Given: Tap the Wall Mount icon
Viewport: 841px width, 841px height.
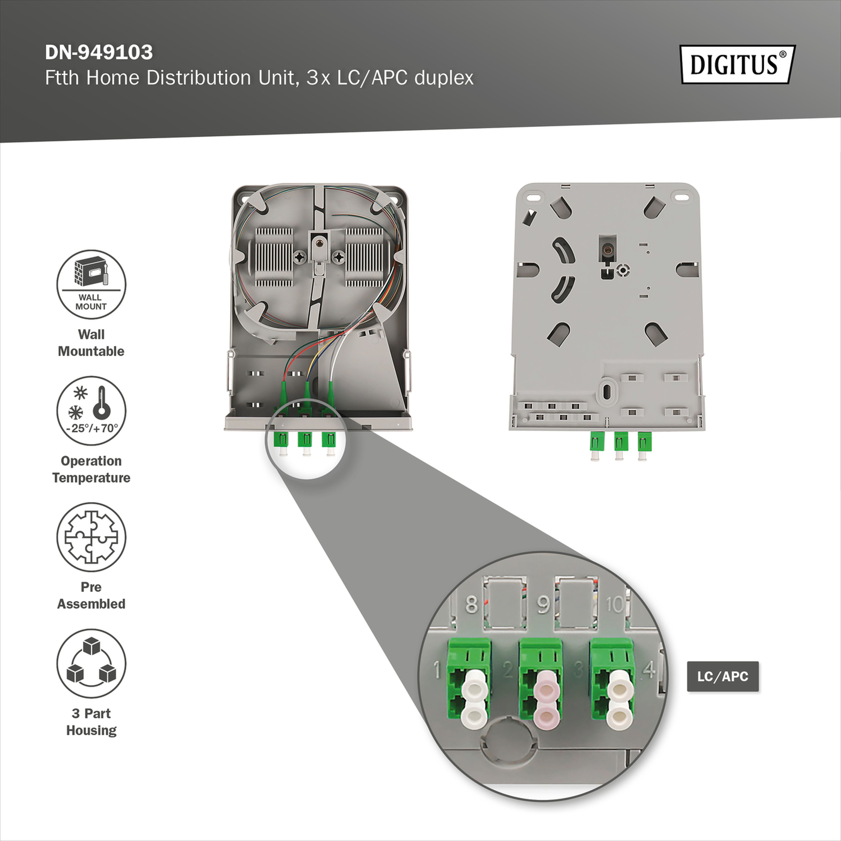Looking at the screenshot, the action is tap(91, 284).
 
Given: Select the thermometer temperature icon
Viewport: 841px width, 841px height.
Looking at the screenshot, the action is tap(91, 410).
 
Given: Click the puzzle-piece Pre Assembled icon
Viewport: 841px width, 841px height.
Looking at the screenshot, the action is tap(91, 537).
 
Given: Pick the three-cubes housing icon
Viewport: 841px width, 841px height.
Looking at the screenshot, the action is tap(91, 663).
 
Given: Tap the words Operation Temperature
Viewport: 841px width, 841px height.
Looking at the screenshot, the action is tap(91, 469).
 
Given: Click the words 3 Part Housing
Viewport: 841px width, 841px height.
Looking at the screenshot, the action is tap(91, 722).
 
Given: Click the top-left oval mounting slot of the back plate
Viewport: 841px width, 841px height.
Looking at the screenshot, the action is tap(534, 196).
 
